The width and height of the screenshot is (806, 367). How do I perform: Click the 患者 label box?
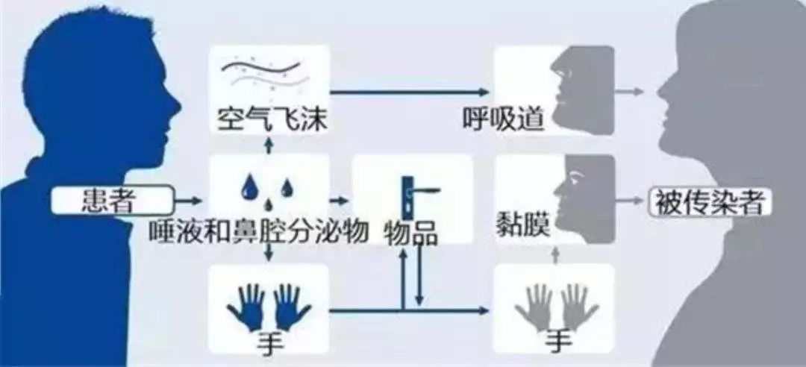(x=111, y=201)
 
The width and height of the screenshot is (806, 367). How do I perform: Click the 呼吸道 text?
(x=503, y=120)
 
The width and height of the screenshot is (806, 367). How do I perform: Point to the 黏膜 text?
(x=523, y=225)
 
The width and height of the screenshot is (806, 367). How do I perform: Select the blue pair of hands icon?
(x=269, y=308)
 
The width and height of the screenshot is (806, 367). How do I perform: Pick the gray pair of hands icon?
(x=556, y=308)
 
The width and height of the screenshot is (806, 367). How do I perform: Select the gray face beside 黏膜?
(x=584, y=198)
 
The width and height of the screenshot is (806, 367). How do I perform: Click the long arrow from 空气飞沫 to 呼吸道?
(x=409, y=92)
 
